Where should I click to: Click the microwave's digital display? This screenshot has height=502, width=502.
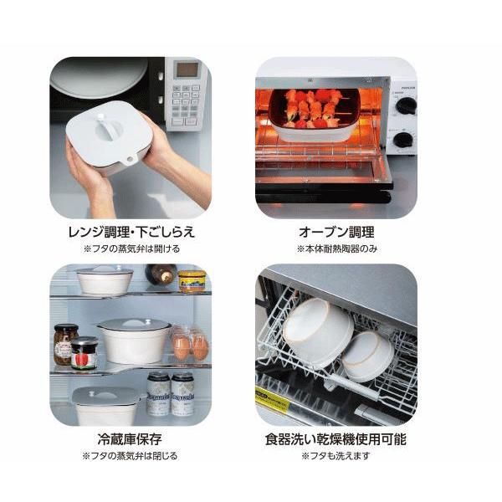(x=187, y=69)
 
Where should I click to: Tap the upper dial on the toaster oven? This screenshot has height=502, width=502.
(x=406, y=105)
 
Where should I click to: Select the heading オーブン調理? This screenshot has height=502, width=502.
(x=336, y=232)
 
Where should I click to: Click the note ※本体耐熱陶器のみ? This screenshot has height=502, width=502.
(x=336, y=248)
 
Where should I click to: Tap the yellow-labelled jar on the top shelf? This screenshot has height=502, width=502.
(x=192, y=280)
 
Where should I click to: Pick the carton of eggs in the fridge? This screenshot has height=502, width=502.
(x=190, y=343)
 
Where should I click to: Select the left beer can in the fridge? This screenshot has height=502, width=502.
(x=158, y=394)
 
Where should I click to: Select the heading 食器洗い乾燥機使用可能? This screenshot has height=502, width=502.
(x=336, y=438)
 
